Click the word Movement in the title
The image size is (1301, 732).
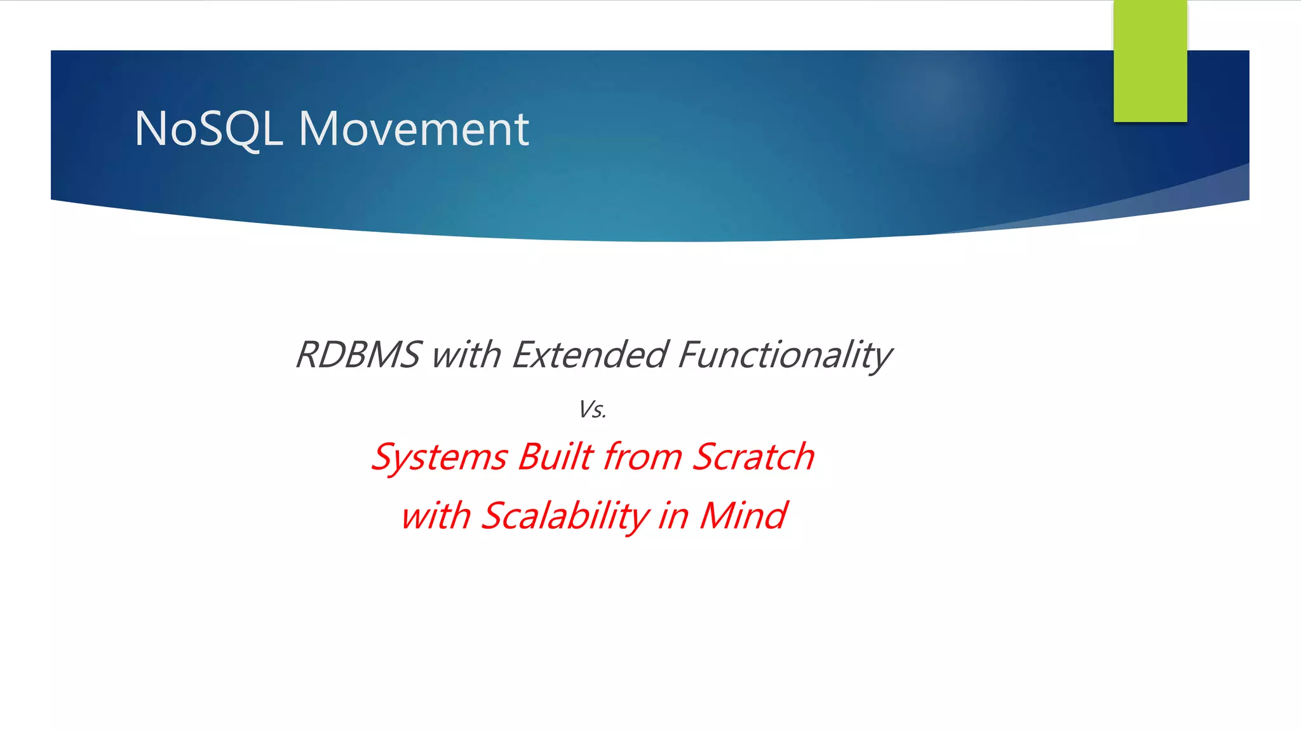(414, 129)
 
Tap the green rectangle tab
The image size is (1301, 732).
(1150, 62)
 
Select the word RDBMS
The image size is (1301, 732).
(358, 355)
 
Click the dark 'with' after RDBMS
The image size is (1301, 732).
(466, 355)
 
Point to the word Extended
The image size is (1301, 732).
(589, 355)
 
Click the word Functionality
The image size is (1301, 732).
(785, 355)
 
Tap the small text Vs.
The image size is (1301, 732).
(592, 410)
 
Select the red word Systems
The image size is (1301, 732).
(439, 457)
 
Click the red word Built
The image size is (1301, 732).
(556, 457)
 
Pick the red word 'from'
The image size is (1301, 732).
(642, 457)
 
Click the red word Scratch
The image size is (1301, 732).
(753, 457)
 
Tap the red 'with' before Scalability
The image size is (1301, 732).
(436, 515)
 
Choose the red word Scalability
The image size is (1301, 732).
(564, 515)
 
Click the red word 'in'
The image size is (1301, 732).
(673, 515)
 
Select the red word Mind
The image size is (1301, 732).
(743, 515)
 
